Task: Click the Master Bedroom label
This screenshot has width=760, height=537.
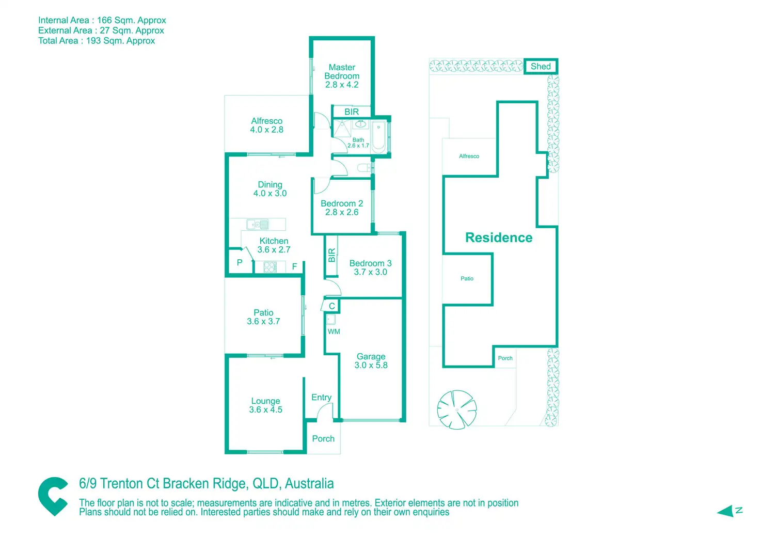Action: tap(342, 72)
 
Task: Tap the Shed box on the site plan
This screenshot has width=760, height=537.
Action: tap(541, 66)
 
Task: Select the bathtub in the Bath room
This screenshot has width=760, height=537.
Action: tap(378, 137)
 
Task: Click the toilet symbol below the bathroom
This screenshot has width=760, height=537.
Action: tap(363, 167)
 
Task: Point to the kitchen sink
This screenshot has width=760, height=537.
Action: tap(258, 224)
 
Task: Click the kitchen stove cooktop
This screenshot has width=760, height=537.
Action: tap(270, 267)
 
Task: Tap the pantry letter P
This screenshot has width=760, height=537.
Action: tap(240, 262)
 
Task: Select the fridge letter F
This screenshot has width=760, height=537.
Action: tap(294, 266)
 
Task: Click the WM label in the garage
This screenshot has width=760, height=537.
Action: tap(334, 331)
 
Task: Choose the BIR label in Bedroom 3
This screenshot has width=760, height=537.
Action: tap(331, 255)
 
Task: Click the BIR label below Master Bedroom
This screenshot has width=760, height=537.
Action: tap(352, 112)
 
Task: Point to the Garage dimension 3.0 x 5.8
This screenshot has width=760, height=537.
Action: tap(371, 365)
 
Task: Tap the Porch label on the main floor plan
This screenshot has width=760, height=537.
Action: tap(323, 438)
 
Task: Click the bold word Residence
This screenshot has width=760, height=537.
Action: tap(499, 238)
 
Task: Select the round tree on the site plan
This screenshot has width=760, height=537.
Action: tap(457, 409)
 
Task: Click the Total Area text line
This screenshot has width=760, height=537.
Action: tap(97, 41)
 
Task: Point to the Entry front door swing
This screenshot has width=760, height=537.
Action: tap(325, 411)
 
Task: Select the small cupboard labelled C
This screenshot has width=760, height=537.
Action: tap(330, 306)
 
